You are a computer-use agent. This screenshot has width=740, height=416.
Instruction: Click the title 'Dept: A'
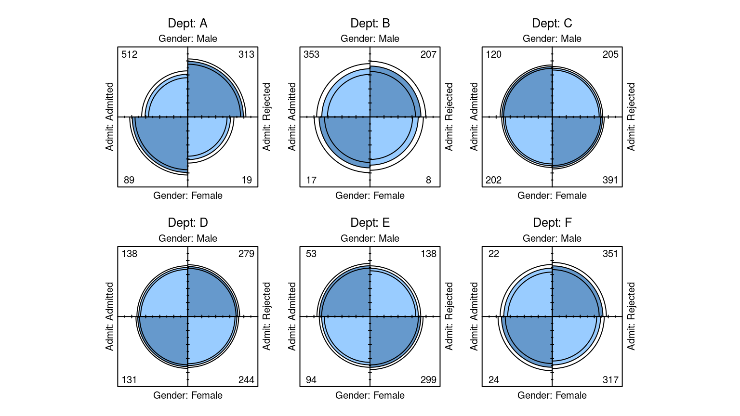[x=187, y=23]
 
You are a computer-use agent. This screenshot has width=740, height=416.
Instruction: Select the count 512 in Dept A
[x=129, y=54]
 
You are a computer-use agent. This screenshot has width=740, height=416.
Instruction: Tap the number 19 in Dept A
[x=247, y=180]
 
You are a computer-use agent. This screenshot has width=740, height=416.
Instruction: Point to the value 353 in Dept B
[x=311, y=54]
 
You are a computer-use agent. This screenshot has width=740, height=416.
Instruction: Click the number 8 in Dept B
[x=428, y=180]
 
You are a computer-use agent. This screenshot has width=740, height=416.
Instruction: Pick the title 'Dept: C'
[x=552, y=23]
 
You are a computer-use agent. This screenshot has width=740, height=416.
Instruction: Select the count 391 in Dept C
[x=610, y=180]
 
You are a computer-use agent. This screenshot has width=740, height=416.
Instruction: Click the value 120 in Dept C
[x=493, y=54]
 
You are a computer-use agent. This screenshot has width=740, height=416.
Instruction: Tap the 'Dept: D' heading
[x=188, y=222]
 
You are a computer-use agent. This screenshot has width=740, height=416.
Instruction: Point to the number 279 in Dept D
[x=246, y=254]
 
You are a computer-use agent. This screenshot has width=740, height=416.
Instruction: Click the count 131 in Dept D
[x=129, y=380]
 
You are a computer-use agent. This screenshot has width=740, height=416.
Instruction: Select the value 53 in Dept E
[x=311, y=254]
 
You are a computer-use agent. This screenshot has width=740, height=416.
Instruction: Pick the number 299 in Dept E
[x=428, y=380]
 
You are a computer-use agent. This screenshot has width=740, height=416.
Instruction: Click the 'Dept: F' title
[x=552, y=222]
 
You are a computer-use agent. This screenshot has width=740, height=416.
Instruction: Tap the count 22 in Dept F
[x=494, y=254]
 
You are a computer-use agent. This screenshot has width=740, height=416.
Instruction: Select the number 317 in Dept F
[x=610, y=380]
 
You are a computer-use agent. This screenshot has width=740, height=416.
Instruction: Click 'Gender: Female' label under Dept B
[x=370, y=195]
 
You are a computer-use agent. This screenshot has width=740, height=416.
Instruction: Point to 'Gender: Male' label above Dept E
[x=370, y=238]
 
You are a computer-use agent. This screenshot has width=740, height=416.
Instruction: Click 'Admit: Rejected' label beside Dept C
[x=631, y=117]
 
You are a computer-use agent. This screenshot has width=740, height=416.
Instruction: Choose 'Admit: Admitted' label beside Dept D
[x=110, y=316]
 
